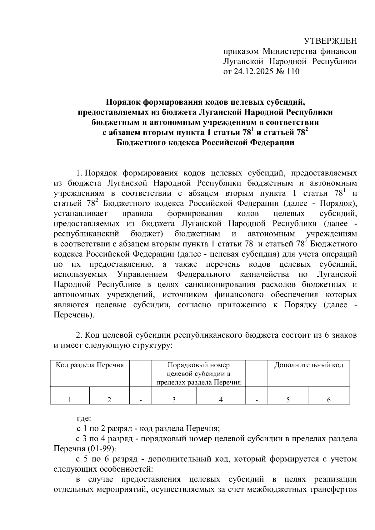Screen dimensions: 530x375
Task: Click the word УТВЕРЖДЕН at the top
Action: (330, 41)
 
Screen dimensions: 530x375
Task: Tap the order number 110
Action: (293, 72)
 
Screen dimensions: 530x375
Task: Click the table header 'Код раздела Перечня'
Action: (90, 365)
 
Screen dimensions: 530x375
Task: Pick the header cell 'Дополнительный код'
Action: (308, 365)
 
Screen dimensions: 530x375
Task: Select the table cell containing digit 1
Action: (70, 400)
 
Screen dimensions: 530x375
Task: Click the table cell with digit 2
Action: (109, 400)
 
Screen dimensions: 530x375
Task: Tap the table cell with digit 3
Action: (174, 400)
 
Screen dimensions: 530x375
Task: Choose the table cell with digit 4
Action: (221, 400)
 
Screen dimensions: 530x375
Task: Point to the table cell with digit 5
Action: (288, 400)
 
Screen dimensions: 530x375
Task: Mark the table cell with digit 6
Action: (329, 400)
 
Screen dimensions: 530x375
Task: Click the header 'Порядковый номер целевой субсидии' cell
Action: (198, 374)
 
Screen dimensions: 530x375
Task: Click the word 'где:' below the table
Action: (84, 418)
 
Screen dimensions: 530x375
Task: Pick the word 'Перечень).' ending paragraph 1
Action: (74, 315)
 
